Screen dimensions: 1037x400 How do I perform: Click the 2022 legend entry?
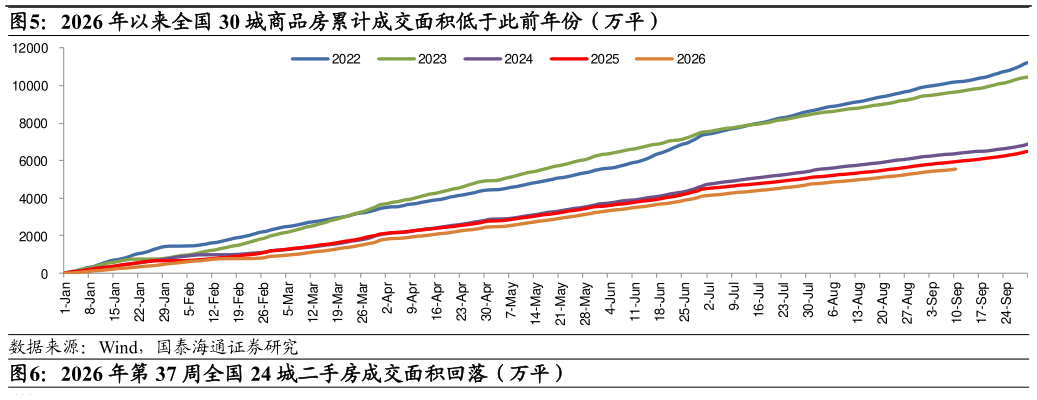(x=325, y=59)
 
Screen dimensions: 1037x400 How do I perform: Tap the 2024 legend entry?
(x=498, y=59)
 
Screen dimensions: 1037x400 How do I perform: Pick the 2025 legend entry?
(x=585, y=59)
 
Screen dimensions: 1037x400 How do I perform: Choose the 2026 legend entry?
(x=671, y=59)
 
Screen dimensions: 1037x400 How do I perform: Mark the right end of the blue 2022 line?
(x=1027, y=63)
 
